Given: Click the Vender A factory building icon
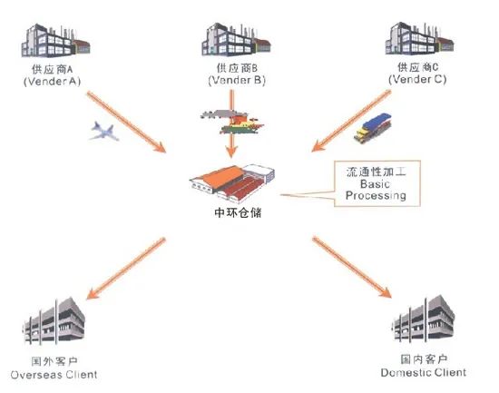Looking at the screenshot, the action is click(x=55, y=41).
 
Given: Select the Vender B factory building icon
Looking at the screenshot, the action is click(x=236, y=40).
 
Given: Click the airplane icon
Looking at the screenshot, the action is click(x=104, y=131).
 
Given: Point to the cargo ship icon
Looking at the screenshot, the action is click(x=232, y=123).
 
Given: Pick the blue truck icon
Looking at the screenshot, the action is click(x=372, y=128).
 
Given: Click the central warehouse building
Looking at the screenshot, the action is click(x=232, y=183).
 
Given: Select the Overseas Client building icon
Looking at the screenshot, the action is click(x=54, y=321).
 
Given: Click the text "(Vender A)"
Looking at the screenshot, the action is click(x=53, y=82).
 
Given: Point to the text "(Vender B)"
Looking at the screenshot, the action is click(x=237, y=80).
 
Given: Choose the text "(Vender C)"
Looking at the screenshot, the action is click(x=417, y=79).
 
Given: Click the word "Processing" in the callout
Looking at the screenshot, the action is click(x=376, y=195).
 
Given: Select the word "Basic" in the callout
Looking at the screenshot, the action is click(x=375, y=183).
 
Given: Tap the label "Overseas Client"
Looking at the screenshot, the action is click(x=54, y=375).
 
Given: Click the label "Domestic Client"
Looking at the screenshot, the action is click(x=424, y=373).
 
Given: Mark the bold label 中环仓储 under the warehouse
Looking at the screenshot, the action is click(x=238, y=212).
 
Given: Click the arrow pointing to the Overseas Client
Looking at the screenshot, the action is click(x=126, y=269).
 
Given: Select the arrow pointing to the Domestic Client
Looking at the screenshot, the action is click(x=352, y=267).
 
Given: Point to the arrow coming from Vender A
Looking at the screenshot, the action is click(x=127, y=123).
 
